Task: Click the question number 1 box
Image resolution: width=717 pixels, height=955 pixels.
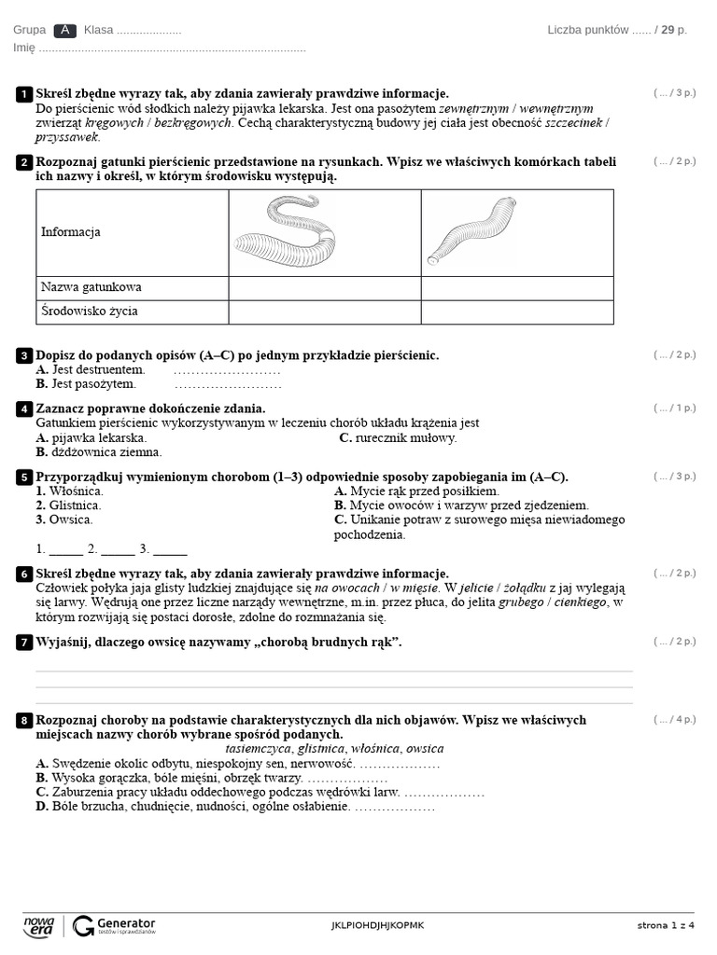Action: (23, 94)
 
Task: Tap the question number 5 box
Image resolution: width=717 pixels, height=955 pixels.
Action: (23, 477)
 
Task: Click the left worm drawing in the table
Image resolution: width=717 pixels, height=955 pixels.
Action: (284, 231)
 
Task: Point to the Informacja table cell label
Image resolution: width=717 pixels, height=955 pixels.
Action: (71, 232)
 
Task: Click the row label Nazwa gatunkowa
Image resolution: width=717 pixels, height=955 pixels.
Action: (91, 287)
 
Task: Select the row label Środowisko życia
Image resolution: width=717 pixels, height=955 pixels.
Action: (90, 311)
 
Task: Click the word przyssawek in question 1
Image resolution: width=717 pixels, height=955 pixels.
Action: (66, 137)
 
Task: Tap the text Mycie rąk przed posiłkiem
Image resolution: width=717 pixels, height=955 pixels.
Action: (424, 491)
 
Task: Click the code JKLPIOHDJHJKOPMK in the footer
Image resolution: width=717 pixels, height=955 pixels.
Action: (377, 925)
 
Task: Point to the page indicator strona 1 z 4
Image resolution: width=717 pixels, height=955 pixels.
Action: (666, 925)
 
